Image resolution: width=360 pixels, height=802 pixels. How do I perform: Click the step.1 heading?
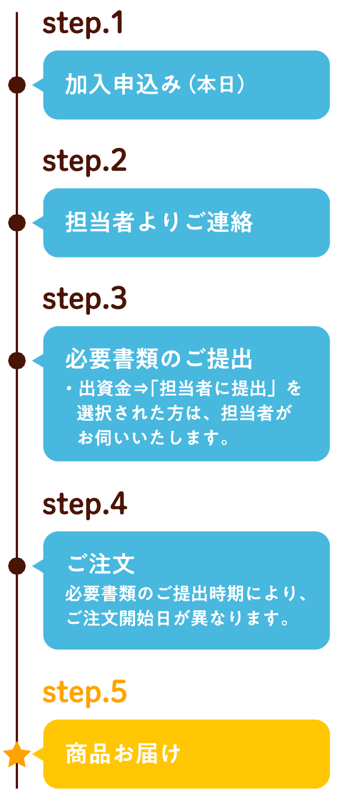[83, 23]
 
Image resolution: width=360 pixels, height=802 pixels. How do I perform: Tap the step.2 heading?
[84, 161]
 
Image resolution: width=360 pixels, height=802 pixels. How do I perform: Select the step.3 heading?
[84, 299]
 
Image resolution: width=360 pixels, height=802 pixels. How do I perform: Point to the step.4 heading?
[84, 504]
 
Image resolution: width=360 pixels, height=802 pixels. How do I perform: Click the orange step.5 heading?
[84, 692]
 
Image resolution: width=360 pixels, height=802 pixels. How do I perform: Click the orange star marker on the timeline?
[17, 754]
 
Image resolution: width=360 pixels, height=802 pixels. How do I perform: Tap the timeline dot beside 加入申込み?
[17, 85]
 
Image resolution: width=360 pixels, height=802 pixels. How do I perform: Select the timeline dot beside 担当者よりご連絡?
[17, 223]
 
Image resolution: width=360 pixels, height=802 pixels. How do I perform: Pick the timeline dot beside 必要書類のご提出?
[17, 360]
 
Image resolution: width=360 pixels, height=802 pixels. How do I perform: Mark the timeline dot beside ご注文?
[17, 566]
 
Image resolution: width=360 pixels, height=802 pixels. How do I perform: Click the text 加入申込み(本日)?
[155, 85]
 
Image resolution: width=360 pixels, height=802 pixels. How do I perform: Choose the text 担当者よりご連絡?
[159, 222]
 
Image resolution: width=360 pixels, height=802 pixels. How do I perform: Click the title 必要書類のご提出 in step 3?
[159, 359]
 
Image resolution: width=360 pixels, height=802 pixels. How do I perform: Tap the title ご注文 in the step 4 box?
[101, 564]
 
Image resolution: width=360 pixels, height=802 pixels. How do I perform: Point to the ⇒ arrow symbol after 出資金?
[141, 389]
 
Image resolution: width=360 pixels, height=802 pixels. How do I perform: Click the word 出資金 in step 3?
[105, 389]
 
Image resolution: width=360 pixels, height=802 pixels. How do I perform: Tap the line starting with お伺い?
[154, 438]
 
